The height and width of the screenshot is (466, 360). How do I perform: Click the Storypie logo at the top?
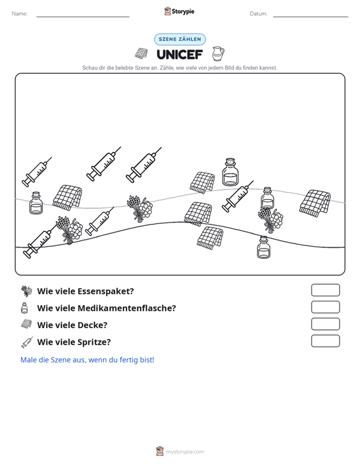click(179, 11)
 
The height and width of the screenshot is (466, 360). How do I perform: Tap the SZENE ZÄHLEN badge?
click(180, 39)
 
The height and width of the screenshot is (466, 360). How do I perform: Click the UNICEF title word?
click(180, 55)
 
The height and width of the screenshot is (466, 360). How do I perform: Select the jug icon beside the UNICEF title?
click(218, 54)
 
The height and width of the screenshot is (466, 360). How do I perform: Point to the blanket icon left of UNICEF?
click(141, 53)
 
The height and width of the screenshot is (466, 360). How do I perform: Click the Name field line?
click(83, 17)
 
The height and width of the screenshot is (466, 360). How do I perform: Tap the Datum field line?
click(310, 17)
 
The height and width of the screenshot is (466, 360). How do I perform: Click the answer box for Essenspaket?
click(326, 290)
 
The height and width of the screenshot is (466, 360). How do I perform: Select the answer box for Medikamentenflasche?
click(326, 307)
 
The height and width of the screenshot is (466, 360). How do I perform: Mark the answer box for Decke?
click(326, 324)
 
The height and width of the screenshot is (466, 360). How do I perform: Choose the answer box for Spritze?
click(326, 341)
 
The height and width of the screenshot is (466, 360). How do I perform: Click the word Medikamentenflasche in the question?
click(127, 308)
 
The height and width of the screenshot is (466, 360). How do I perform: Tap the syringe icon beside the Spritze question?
click(27, 343)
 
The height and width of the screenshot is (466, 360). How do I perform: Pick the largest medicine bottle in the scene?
click(230, 172)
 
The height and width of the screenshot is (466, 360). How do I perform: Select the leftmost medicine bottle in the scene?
click(36, 203)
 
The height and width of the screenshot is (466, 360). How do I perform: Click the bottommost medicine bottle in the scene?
click(264, 247)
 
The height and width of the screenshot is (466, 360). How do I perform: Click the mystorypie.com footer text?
click(185, 452)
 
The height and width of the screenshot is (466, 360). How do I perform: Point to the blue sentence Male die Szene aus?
click(87, 360)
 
